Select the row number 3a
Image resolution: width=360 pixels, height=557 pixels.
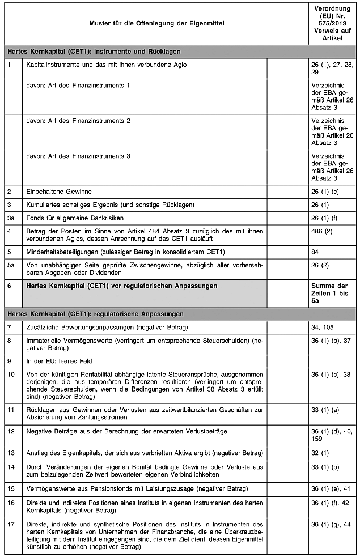click(10, 218)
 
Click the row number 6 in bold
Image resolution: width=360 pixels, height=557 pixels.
click(9, 286)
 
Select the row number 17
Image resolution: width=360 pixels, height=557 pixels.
click(10, 524)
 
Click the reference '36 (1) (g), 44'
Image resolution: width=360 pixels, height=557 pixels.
click(332, 524)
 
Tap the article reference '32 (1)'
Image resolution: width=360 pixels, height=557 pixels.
click(320, 453)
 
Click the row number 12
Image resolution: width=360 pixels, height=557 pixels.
click(10, 432)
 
